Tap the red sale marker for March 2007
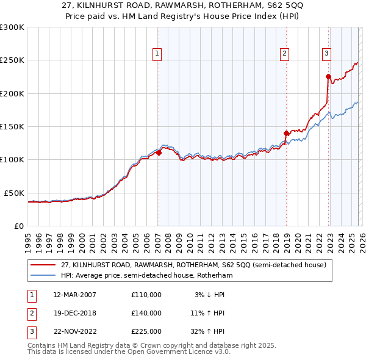159,153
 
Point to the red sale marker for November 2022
328,77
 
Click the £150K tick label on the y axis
12,126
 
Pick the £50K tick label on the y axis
14,193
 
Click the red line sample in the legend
43,265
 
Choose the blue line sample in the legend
43,275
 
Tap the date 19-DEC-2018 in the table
75,312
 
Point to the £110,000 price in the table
146,295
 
